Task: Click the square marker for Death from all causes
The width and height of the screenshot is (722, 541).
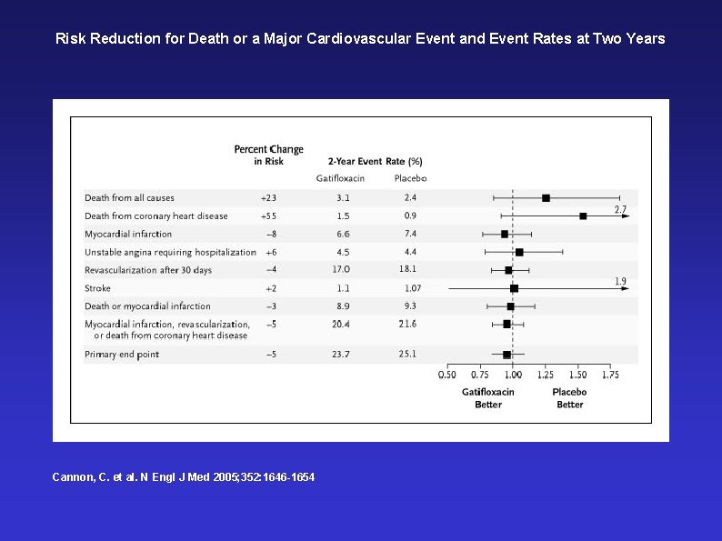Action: pyautogui.click(x=546, y=198)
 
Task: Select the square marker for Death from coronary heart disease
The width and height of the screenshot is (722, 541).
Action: pyautogui.click(x=583, y=215)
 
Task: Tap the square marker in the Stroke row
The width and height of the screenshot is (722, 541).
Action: pyautogui.click(x=515, y=288)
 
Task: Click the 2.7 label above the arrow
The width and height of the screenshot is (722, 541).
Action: pyautogui.click(x=620, y=209)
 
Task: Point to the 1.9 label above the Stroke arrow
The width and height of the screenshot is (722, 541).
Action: pyautogui.click(x=620, y=281)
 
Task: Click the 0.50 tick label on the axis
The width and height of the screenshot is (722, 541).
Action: pyautogui.click(x=447, y=375)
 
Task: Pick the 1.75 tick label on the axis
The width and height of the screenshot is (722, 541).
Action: pyautogui.click(x=610, y=375)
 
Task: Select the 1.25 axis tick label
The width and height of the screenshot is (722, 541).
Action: pyautogui.click(x=546, y=375)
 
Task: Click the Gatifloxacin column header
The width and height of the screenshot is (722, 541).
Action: pyautogui.click(x=340, y=178)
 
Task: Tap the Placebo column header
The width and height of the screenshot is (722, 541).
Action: pyautogui.click(x=410, y=178)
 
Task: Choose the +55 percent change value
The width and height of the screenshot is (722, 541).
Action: pyautogui.click(x=268, y=215)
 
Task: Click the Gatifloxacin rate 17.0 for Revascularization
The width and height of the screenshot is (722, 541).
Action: pyautogui.click(x=341, y=269)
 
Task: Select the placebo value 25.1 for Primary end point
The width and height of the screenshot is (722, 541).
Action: pyautogui.click(x=407, y=354)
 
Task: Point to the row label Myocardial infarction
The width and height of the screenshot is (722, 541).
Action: pyautogui.click(x=128, y=234)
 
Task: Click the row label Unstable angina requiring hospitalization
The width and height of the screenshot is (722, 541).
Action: pyautogui.click(x=170, y=252)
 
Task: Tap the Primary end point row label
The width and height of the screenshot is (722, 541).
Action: pyautogui.click(x=122, y=355)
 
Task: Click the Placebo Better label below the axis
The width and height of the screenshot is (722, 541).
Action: pyautogui.click(x=569, y=398)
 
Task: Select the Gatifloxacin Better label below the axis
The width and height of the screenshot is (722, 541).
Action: pyautogui.click(x=488, y=398)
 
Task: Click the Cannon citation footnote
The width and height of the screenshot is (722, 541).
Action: pyautogui.click(x=184, y=477)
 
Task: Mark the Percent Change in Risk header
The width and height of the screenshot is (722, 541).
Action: pyautogui.click(x=269, y=155)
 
